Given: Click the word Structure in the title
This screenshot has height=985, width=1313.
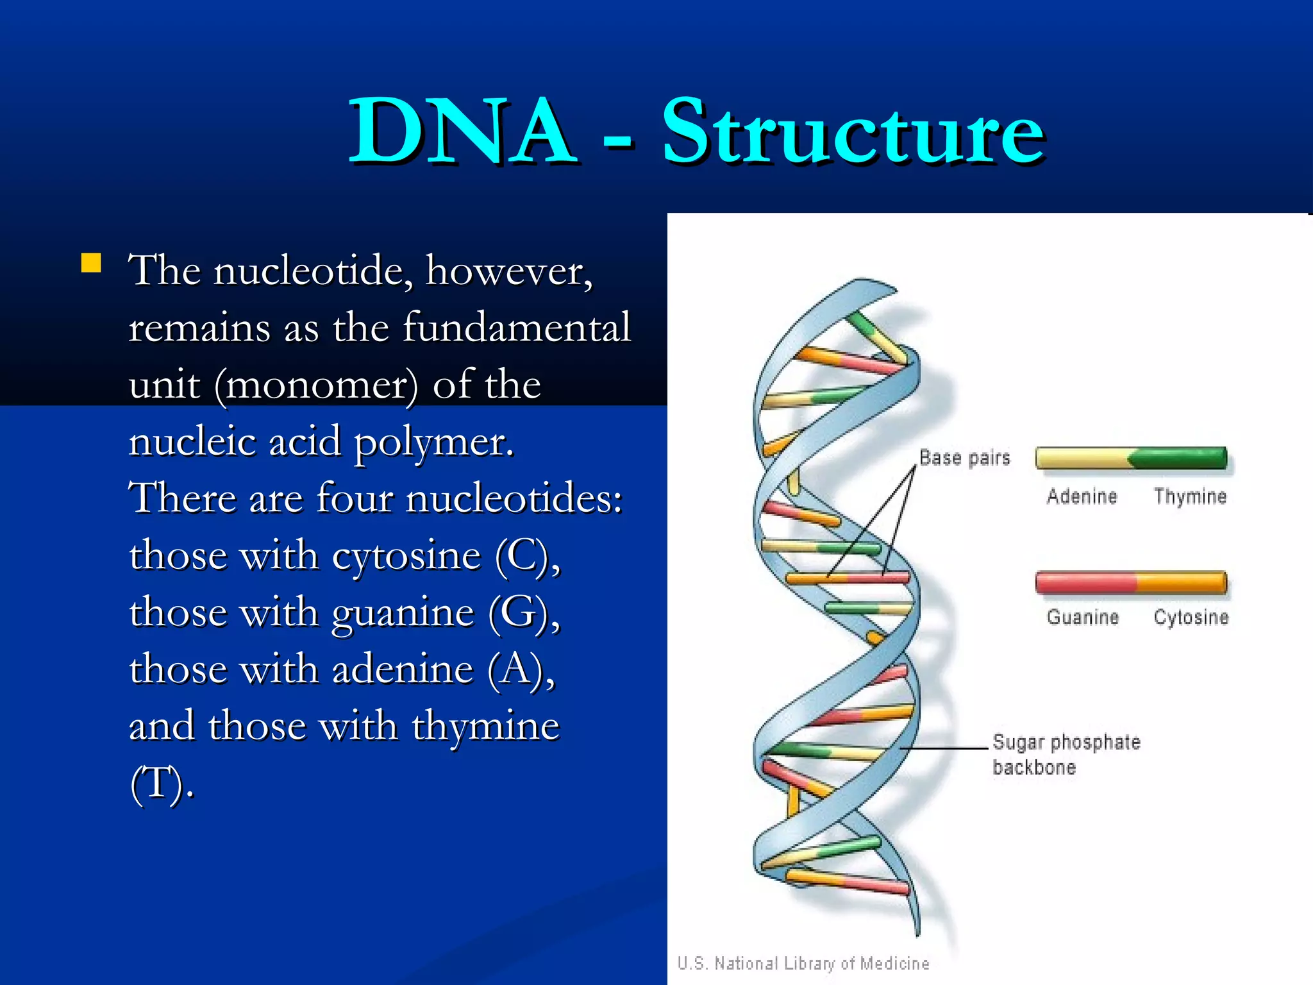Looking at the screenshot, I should (853, 131).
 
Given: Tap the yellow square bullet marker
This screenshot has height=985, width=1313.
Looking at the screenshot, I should (91, 264).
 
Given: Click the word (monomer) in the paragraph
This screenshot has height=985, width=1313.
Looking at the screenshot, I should (315, 385).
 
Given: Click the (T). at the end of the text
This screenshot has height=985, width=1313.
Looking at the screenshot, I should (162, 784).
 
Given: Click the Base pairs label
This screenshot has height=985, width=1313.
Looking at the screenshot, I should (964, 458).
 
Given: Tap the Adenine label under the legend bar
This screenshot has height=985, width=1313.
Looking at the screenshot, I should (1082, 496).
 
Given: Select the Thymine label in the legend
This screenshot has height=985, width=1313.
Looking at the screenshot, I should (1190, 496).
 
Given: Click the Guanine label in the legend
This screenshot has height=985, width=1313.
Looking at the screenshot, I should (1082, 617).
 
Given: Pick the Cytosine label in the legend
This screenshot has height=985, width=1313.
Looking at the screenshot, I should (1191, 617).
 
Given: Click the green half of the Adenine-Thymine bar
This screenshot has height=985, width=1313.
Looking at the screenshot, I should (1180, 458).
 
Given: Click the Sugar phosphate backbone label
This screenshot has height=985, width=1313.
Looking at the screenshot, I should (1066, 755).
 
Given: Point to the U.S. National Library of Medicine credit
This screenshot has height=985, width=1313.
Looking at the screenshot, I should (803, 963).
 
